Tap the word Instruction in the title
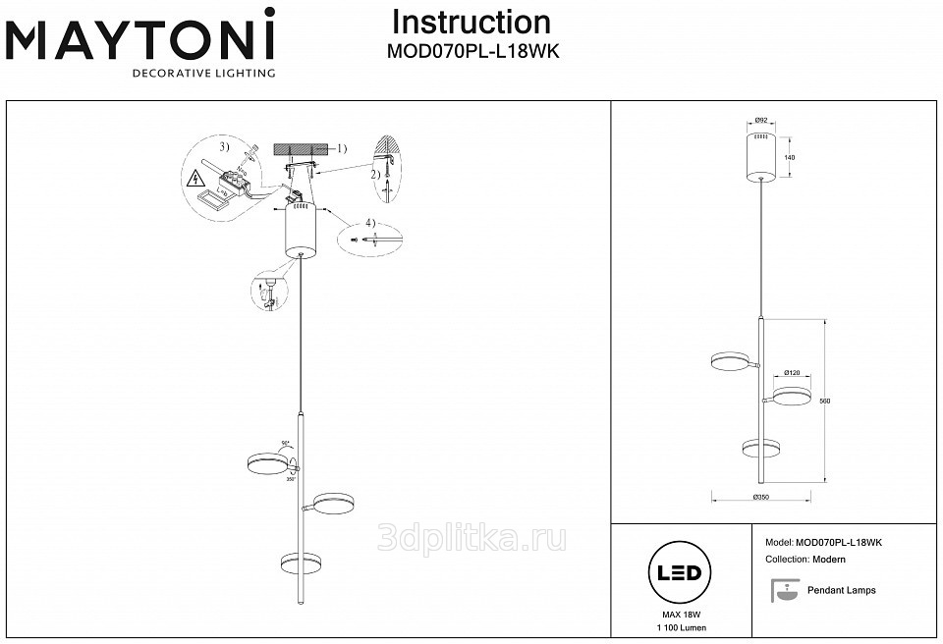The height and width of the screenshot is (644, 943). point(471,23)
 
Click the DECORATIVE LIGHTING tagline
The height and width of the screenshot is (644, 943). point(203,73)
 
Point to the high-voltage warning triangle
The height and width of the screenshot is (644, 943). point(194,179)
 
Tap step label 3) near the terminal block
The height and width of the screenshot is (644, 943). point(224,147)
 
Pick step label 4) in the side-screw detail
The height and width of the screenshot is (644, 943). point(368,222)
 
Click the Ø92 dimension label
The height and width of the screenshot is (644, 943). point(760,120)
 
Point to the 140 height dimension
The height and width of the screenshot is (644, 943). point(789,157)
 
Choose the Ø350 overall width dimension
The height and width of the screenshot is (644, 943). point(760,499)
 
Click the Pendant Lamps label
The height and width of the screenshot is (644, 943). point(841,591)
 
